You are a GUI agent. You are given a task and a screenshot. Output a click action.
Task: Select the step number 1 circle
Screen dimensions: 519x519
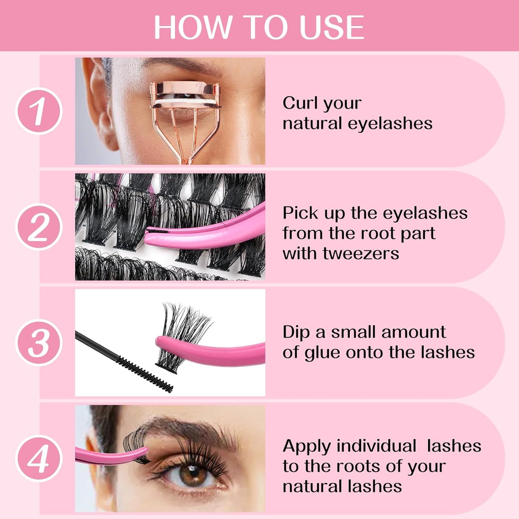click(39, 111)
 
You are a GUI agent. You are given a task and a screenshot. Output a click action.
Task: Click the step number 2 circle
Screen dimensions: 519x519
click(39, 227)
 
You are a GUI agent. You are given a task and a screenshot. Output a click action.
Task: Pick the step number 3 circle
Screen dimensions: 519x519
click(39, 343)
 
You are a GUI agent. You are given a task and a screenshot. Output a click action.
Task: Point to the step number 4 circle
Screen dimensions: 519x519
click(39, 458)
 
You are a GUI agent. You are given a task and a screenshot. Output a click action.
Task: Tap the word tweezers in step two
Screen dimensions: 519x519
click(361, 253)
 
